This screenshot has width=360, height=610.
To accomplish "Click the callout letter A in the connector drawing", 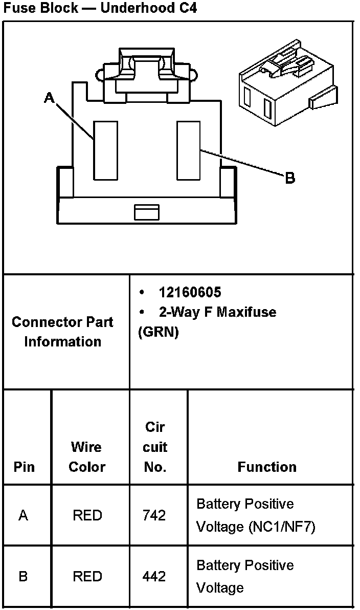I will [49, 97].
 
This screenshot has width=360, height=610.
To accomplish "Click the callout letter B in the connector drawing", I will [290, 178].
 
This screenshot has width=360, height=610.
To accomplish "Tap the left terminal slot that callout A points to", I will [105, 150].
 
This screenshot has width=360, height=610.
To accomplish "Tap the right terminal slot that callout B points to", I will [188, 150].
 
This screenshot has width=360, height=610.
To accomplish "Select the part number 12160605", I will [190, 292].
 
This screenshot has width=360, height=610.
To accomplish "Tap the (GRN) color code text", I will [158, 332].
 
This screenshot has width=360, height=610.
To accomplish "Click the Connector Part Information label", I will [62, 332].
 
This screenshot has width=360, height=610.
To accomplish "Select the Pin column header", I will [24, 467].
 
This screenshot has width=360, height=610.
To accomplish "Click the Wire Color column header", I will [86, 456].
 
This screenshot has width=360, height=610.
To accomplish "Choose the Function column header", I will [267, 467].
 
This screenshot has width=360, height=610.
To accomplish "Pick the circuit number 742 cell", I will [154, 515].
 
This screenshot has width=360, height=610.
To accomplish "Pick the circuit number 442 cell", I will [154, 577].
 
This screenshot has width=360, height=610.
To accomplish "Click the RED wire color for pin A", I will [87, 515].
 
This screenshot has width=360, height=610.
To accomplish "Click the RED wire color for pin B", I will [87, 577].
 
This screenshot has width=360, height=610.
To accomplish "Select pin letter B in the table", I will [24, 577].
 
